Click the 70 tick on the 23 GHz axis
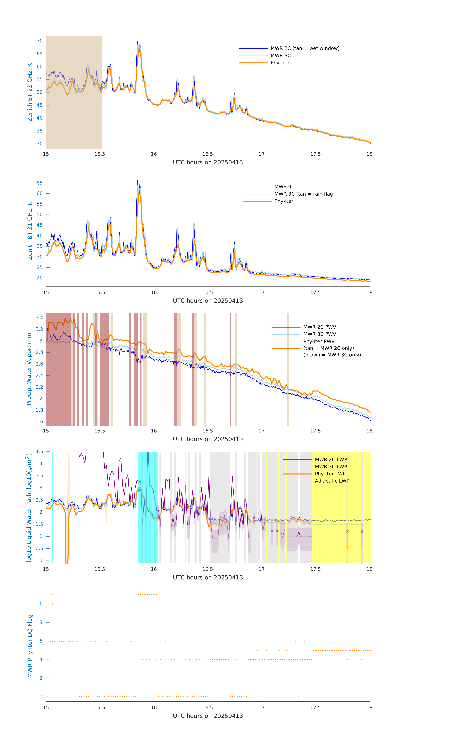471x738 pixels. (40, 41)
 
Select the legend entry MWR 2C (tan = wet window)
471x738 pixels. (305, 48)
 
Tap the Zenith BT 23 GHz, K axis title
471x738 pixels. (30, 92)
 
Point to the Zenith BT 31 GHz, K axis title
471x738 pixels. (30, 231)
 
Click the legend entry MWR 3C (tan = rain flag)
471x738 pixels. (304, 194)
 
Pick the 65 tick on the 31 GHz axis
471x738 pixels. (40, 183)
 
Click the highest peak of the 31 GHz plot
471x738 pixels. (137, 180)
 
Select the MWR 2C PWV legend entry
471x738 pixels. (319, 327)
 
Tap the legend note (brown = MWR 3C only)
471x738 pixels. (332, 355)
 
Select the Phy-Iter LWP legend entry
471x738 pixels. (330, 474)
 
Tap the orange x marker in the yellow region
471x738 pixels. (347, 547)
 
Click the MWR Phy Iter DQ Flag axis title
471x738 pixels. (30, 646)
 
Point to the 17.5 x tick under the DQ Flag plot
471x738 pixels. (315, 707)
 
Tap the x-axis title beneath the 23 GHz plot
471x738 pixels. (208, 162)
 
